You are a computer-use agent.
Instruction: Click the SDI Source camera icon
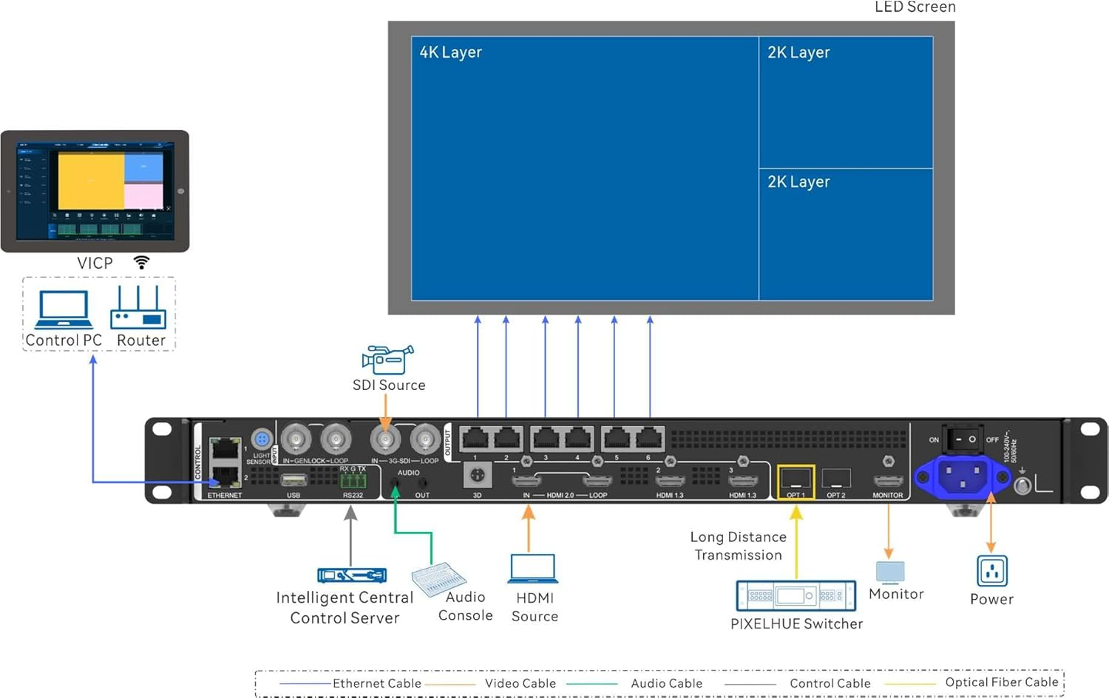(387, 359)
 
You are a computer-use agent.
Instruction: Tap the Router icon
(138, 309)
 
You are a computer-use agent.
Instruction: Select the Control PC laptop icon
(64, 309)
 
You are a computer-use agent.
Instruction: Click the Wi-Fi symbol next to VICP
(141, 262)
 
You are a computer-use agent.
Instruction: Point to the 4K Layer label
(450, 52)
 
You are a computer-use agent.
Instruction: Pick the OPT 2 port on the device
(836, 479)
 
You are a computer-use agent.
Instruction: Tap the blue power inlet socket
(963, 476)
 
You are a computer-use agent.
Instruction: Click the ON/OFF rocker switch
(963, 439)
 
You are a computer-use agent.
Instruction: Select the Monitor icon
(890, 572)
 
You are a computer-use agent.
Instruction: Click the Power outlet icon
(991, 571)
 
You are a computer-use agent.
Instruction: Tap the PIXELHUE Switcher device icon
(796, 595)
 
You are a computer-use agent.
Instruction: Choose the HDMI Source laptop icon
(533, 569)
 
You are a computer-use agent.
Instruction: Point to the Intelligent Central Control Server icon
(352, 575)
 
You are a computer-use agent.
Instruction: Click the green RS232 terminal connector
(353, 482)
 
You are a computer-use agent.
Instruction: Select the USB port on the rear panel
(294, 481)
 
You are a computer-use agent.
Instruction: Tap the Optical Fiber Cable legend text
(1001, 682)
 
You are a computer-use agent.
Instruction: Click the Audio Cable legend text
(666, 683)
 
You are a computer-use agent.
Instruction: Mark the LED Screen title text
(915, 7)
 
